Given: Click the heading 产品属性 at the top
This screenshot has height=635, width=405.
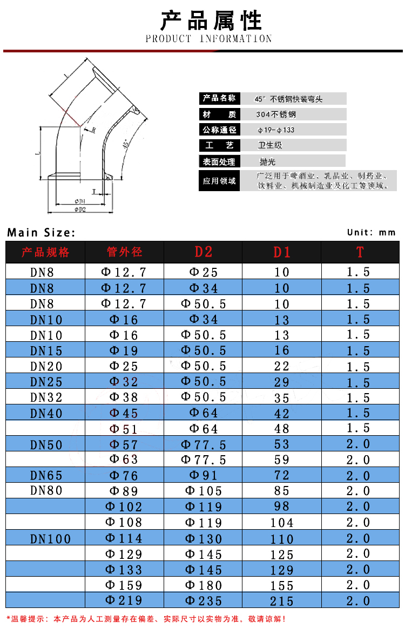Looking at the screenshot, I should click(x=211, y=21).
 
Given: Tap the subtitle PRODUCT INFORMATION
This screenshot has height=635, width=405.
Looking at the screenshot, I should click(x=208, y=39).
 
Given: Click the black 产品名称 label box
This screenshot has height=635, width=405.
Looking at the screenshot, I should click(x=219, y=98).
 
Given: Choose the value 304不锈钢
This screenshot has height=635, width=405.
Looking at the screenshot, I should click(x=276, y=114).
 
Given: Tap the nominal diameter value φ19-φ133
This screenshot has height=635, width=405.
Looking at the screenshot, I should click(x=276, y=130).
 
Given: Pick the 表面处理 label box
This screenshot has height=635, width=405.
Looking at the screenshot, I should click(x=219, y=161).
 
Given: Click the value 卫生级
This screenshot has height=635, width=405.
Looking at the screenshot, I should click(x=270, y=145).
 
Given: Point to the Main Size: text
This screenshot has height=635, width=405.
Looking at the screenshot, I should click(x=41, y=233).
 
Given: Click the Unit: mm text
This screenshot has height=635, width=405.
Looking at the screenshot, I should click(x=372, y=232).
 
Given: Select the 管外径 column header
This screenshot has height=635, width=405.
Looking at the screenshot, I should click(x=125, y=252).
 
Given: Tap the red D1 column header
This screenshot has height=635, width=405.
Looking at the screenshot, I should click(x=281, y=252).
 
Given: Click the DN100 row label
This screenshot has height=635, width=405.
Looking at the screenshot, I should click(x=50, y=538).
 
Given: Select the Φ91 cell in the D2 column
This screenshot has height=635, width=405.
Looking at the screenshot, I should click(x=204, y=476).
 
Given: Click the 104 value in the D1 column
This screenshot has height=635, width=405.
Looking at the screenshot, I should click(x=282, y=523).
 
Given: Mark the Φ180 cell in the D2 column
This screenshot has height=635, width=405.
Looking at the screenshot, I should click(x=204, y=585).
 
